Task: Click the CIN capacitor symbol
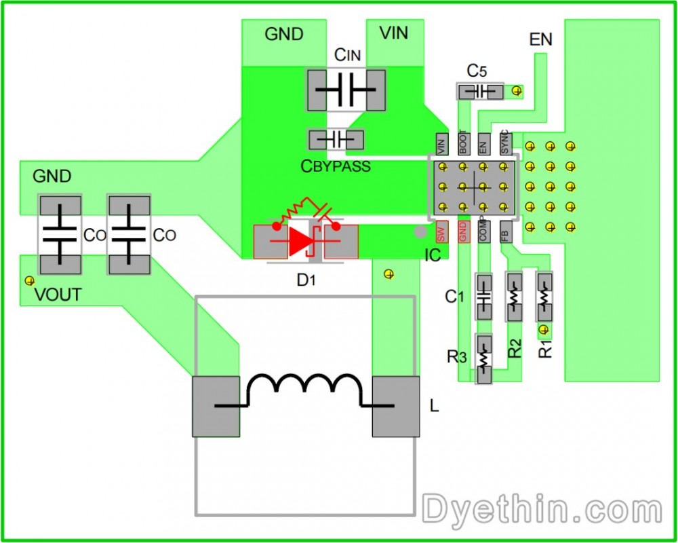pos(346,90)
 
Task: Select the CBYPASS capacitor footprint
pos(336,140)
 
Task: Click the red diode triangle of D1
pos(298,242)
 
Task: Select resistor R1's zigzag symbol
pos(545,296)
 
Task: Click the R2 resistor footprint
pos(515,297)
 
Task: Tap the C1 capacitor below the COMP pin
pos(483,297)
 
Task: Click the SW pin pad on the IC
pos(441,232)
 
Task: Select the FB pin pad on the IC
pos(504,232)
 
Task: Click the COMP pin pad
pos(483,232)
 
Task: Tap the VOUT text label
pos(58,295)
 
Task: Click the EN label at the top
pos(540,40)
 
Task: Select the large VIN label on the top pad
pos(394,33)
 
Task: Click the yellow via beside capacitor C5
pos(517,90)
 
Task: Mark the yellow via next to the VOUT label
pos(28,280)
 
